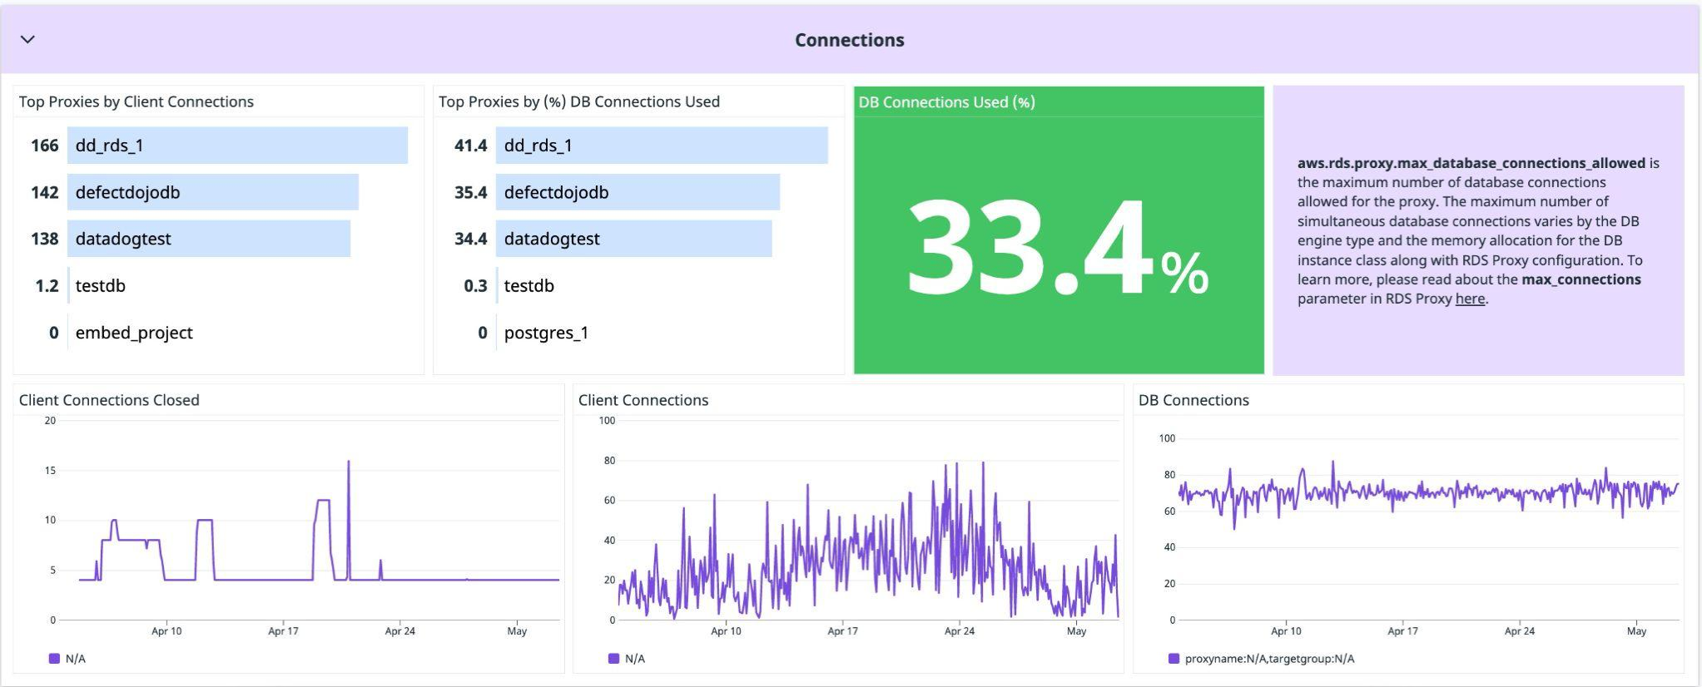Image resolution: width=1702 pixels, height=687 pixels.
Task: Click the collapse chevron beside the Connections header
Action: click(27, 39)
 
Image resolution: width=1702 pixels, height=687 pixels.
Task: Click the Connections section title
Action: click(849, 40)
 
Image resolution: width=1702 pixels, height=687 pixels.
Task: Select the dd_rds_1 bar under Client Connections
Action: click(237, 146)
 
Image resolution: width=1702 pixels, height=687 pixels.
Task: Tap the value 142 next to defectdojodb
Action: click(44, 192)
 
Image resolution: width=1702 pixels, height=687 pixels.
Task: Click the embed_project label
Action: click(133, 333)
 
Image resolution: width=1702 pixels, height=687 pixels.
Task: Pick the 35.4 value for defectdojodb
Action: click(470, 192)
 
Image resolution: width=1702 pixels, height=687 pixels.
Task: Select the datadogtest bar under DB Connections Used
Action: click(633, 239)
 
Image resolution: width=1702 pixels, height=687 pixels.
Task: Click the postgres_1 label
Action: click(546, 333)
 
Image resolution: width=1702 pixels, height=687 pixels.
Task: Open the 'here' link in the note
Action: click(1470, 299)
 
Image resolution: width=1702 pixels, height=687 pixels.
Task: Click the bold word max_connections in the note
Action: click(1580, 279)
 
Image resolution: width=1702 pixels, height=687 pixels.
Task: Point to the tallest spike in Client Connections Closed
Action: click(348, 462)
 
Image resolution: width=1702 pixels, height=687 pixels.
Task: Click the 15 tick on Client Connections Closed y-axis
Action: click(50, 471)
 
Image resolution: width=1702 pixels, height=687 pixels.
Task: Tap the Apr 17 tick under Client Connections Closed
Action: click(283, 631)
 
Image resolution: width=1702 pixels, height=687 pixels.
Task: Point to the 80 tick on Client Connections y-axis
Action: click(609, 461)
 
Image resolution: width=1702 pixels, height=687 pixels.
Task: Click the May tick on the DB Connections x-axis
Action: click(1636, 631)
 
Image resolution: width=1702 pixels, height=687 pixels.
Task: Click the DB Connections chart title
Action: click(1193, 400)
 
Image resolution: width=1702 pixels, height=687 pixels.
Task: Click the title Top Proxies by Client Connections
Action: click(136, 101)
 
